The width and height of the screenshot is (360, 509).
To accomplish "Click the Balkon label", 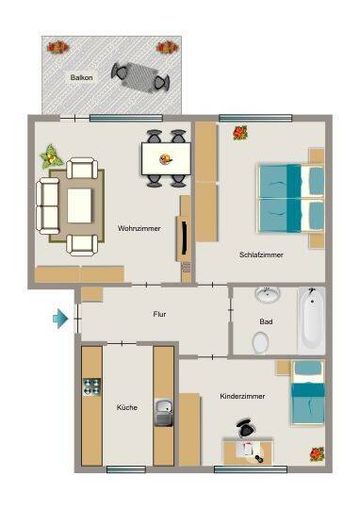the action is point(81,77).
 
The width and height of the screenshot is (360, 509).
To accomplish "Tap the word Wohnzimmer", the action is point(139,228).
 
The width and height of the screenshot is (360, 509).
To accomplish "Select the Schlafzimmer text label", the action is point(261,254).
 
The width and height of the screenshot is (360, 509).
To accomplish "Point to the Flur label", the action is point(159,314).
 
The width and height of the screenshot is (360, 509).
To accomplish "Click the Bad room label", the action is point(266,321).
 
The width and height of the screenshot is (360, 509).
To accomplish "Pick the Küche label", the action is point(127,407).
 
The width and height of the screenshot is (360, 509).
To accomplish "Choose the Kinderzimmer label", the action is point(242,396).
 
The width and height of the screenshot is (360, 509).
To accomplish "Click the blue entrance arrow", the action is point(60,319).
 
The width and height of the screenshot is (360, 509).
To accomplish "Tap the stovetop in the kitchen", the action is point(91,386).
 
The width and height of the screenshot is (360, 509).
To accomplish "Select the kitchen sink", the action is point(164,412).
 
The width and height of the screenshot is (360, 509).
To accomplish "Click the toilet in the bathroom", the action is point(260,342).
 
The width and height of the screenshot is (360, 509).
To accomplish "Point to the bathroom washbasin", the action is point(268,295).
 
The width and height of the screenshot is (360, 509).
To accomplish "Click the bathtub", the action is point(312,320).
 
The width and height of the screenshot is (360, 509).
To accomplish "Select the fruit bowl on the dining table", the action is point(166,159).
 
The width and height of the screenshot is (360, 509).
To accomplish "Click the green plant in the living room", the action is point(51,156).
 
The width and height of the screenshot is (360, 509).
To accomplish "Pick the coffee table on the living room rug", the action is point(79,205).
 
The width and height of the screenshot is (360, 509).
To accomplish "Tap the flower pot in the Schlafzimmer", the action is point(240,133).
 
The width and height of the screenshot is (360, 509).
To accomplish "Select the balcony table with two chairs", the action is point(140,77).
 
